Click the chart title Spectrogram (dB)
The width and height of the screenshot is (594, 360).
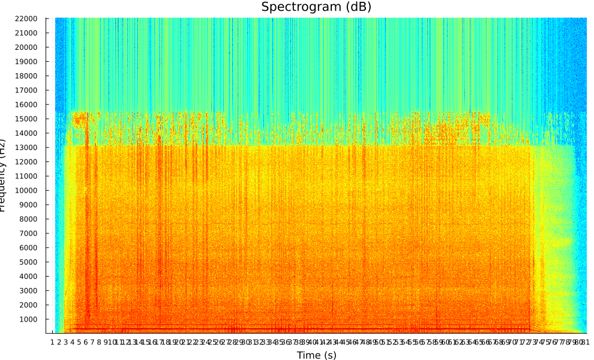pos(316,7)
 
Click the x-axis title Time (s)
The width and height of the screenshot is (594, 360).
pos(316,355)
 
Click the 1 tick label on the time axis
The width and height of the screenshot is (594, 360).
pos(52,342)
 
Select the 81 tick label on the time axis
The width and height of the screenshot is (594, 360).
pos(584,342)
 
